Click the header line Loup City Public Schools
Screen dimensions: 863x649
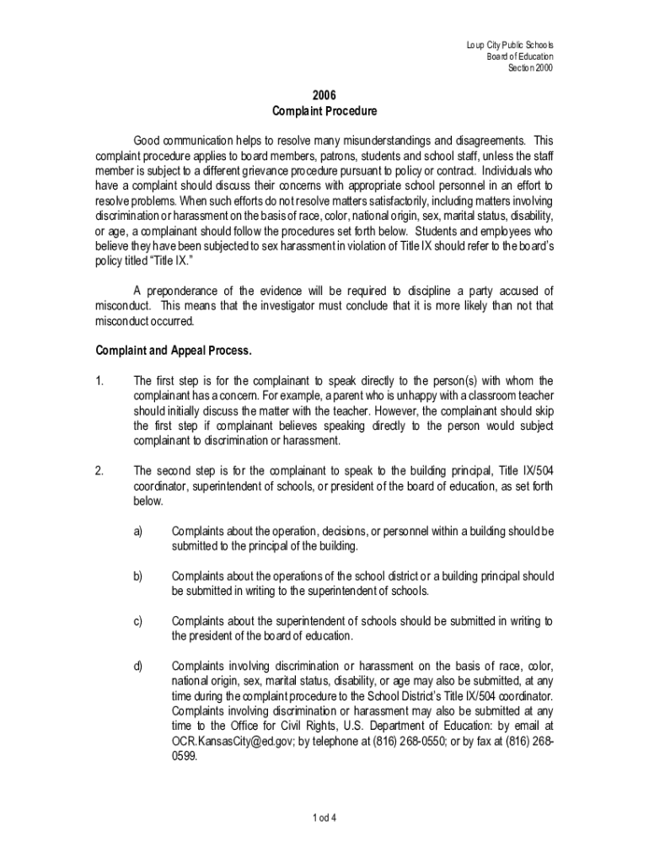pos(510,45)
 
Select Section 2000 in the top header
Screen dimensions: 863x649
pos(530,68)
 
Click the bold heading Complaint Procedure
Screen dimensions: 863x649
pos(324,111)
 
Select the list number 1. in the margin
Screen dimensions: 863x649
pos(99,380)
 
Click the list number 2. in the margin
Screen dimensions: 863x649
pos(99,470)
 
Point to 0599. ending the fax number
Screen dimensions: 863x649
pos(185,757)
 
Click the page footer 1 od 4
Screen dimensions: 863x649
pos(324,818)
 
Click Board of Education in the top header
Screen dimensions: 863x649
pos(520,56)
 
